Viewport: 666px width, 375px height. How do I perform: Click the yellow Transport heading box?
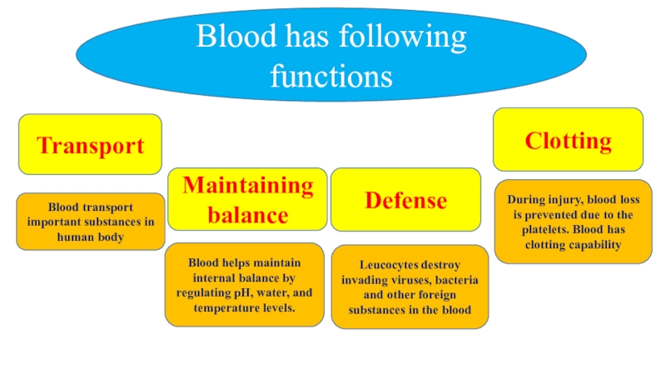pyautogui.click(x=90, y=145)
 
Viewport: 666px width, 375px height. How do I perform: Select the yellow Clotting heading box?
pyautogui.click(x=568, y=140)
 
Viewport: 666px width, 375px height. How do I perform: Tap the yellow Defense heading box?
pyautogui.click(x=405, y=200)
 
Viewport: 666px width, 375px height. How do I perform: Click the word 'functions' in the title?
pyautogui.click(x=331, y=77)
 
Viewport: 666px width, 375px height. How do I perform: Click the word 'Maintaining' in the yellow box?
pyautogui.click(x=248, y=185)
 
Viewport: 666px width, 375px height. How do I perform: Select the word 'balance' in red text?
pyautogui.click(x=248, y=215)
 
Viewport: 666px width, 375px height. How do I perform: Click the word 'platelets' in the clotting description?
pyautogui.click(x=540, y=229)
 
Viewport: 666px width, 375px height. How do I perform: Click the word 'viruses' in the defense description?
pyautogui.click(x=407, y=280)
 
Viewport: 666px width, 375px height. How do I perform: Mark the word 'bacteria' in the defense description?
pyautogui.click(x=455, y=280)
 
